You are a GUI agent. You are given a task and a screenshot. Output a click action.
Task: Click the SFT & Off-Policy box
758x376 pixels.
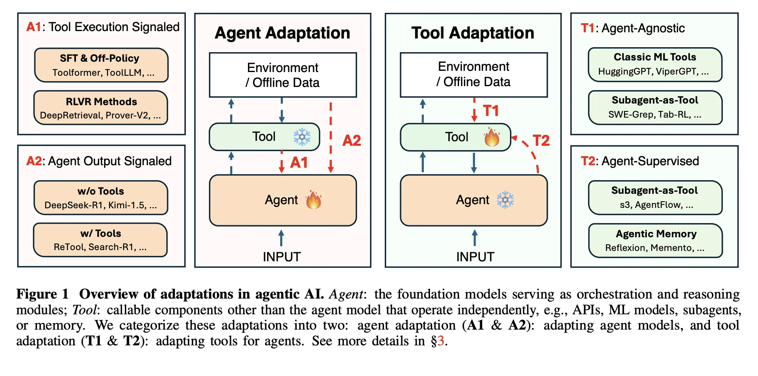coord(101,65)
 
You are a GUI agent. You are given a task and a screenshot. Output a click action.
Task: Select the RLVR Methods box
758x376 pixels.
coord(101,108)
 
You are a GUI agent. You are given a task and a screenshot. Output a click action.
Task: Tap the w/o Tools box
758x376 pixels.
coord(101,198)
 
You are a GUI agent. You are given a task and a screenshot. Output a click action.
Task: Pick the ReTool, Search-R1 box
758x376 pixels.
coord(100,240)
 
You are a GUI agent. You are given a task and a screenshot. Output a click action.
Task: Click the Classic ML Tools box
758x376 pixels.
coord(655,64)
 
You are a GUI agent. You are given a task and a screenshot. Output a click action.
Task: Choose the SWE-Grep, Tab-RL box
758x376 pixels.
coord(655,108)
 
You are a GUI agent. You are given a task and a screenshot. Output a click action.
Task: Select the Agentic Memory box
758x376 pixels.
coord(655,241)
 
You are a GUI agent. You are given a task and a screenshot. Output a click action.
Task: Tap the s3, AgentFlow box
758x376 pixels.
coord(655,198)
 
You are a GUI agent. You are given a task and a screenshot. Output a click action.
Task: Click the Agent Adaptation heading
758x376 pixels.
coord(282,33)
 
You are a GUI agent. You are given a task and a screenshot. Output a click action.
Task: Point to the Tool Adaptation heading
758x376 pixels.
coord(473,33)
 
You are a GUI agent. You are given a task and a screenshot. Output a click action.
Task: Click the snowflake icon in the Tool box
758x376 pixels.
coord(302,137)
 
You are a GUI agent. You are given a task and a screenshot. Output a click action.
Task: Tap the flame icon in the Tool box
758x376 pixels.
coord(492,137)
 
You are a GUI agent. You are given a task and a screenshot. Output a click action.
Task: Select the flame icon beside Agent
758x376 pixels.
coord(313,200)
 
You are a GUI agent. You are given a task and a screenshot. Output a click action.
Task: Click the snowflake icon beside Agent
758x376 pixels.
coord(505,200)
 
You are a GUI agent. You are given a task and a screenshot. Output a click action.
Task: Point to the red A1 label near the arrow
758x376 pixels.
coord(299,163)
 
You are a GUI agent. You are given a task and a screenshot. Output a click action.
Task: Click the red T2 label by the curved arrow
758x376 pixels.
coord(541,141)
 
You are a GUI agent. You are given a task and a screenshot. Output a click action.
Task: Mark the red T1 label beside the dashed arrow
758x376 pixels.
coord(491,111)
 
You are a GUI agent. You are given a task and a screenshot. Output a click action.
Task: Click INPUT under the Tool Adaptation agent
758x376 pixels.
coord(475,257)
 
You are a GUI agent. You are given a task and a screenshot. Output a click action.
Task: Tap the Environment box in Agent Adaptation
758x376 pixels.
coord(283,75)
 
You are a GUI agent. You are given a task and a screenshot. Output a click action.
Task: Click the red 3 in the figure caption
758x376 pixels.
coord(441,341)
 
